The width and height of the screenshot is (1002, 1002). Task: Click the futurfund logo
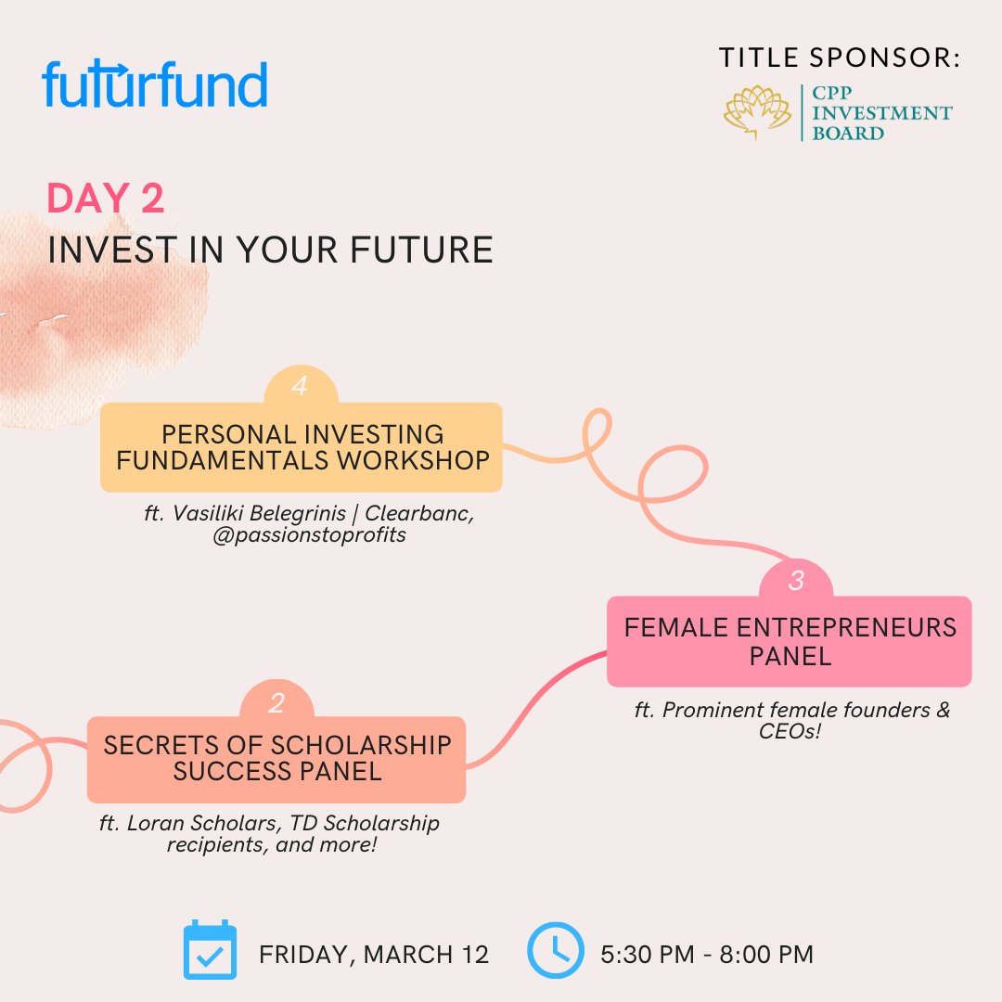pyautogui.click(x=155, y=85)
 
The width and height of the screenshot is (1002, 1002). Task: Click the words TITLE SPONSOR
pyautogui.click(x=839, y=58)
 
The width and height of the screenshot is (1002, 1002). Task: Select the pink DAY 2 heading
pyautogui.click(x=106, y=199)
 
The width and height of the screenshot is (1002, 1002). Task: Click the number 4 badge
pyautogui.click(x=300, y=387)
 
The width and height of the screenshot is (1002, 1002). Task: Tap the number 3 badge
pyautogui.click(x=796, y=582)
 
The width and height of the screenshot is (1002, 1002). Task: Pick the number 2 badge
pyautogui.click(x=276, y=703)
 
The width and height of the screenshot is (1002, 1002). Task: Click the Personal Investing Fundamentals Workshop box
pyautogui.click(x=302, y=447)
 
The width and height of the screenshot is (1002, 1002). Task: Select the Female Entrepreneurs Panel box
pyautogui.click(x=790, y=642)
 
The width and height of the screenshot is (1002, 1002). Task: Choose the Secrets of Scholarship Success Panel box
pyautogui.click(x=276, y=759)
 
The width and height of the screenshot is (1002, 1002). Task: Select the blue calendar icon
pyautogui.click(x=210, y=951)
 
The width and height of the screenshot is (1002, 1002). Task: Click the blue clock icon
pyautogui.click(x=555, y=951)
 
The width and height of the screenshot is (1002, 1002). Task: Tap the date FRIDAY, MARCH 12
pyautogui.click(x=374, y=955)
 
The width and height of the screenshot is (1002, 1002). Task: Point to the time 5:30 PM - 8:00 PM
pyautogui.click(x=708, y=955)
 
